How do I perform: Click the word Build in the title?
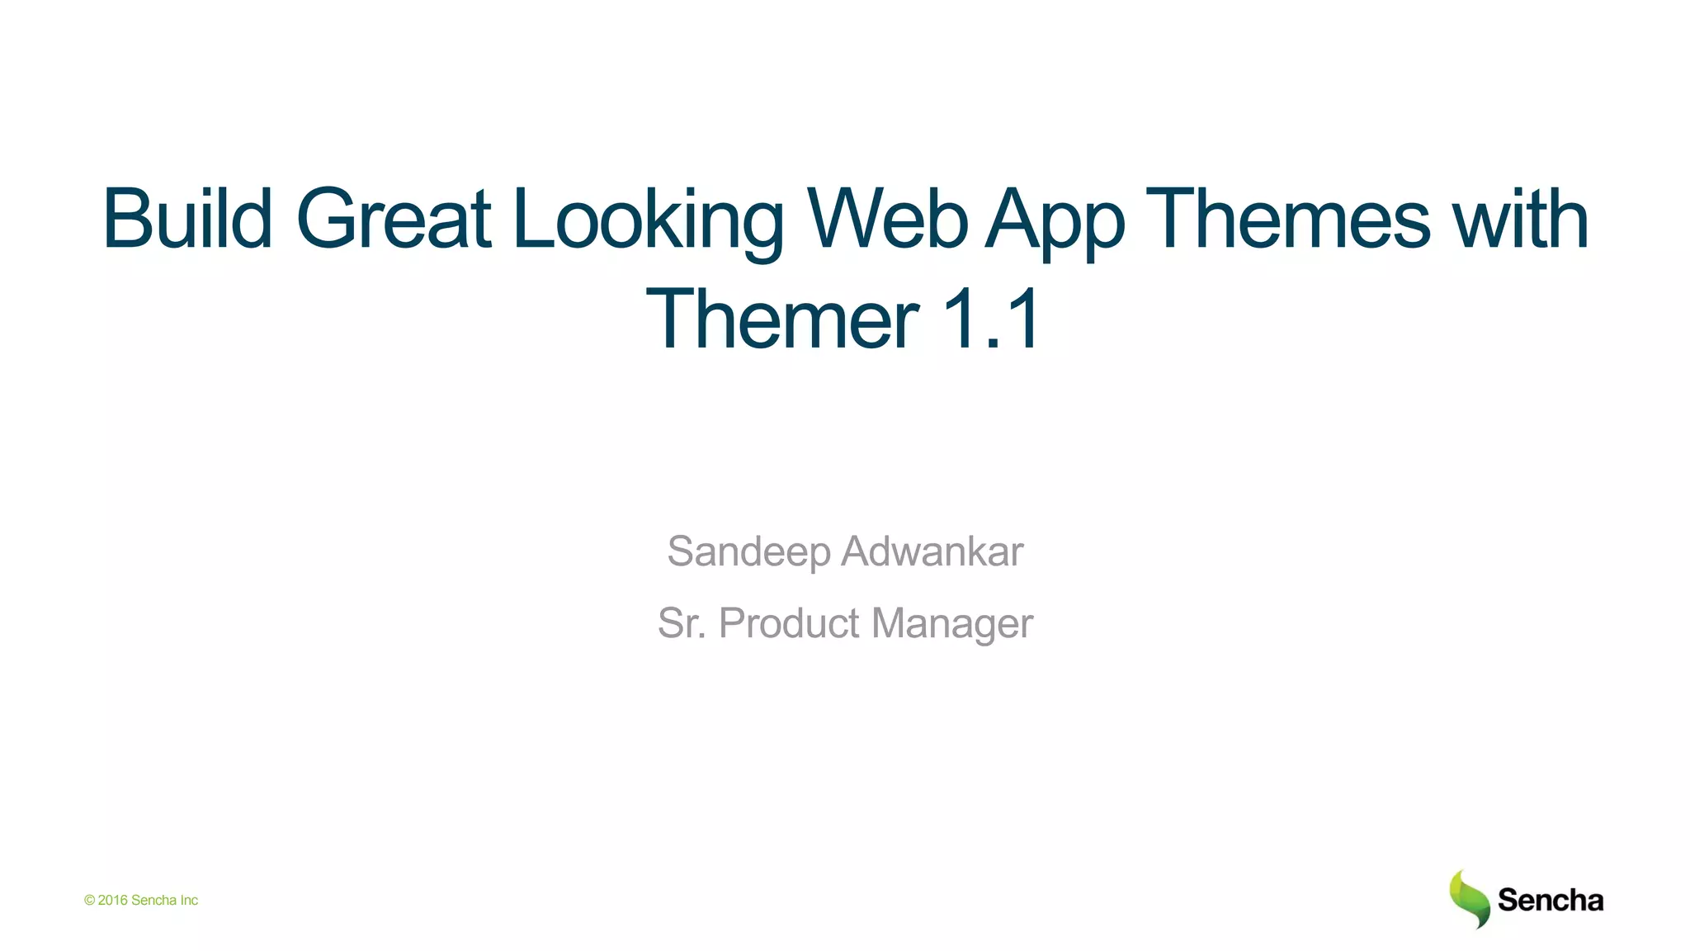pyautogui.click(x=187, y=219)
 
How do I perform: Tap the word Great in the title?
pyautogui.click(x=394, y=219)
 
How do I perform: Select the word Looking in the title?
pyautogui.click(x=648, y=221)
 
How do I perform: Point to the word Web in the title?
pyautogui.click(x=887, y=219)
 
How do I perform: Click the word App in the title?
pyautogui.click(x=1055, y=221)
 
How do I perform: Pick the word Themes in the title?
pyautogui.click(x=1287, y=219)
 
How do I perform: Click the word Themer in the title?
pyautogui.click(x=782, y=319)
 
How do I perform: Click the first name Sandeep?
pyautogui.click(x=748, y=552)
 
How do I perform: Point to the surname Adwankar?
pyautogui.click(x=932, y=551)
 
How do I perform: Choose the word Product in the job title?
pyautogui.click(x=789, y=623)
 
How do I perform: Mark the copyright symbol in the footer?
pyautogui.click(x=89, y=901)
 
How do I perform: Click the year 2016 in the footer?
pyautogui.click(x=112, y=901)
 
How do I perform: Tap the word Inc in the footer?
pyautogui.click(x=189, y=901)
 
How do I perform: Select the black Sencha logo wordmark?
pyautogui.click(x=1550, y=900)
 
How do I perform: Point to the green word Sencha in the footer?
pyautogui.click(x=153, y=901)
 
